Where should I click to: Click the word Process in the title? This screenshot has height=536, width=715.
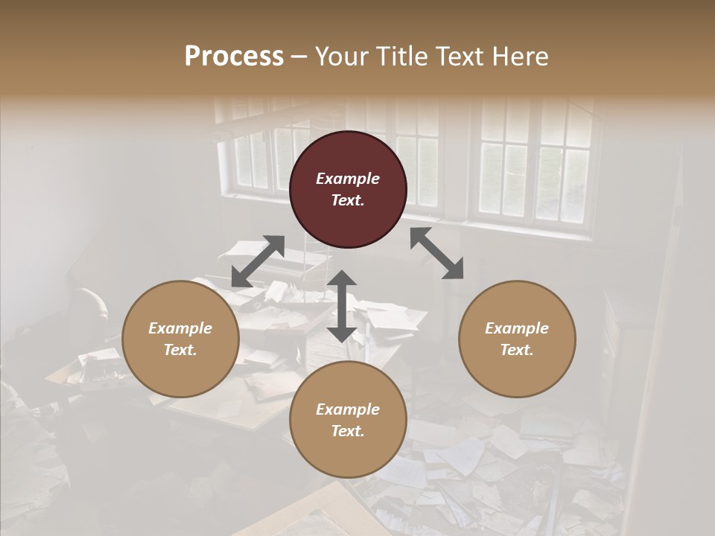click(x=234, y=57)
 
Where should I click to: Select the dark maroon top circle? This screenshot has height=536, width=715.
click(x=348, y=189)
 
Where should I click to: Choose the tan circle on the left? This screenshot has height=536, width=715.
click(x=180, y=339)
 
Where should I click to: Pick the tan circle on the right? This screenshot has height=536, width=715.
click(x=516, y=339)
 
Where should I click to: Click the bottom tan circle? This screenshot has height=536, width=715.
click(x=348, y=420)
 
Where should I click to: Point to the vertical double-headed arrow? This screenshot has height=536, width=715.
click(x=342, y=307)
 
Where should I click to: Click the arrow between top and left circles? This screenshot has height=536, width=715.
click(x=258, y=261)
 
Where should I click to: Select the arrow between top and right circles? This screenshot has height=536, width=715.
click(x=436, y=253)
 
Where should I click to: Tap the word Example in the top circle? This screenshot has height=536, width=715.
click(x=348, y=179)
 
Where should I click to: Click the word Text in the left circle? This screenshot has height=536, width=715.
click(x=180, y=350)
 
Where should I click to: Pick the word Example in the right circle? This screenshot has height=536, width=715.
click(x=516, y=328)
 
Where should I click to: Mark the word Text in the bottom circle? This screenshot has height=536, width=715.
click(x=348, y=431)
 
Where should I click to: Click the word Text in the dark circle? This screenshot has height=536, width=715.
click(x=348, y=200)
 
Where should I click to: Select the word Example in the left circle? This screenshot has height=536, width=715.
click(x=180, y=328)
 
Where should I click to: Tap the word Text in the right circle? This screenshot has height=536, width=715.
click(x=516, y=350)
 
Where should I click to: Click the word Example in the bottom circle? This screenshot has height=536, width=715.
click(x=348, y=409)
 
